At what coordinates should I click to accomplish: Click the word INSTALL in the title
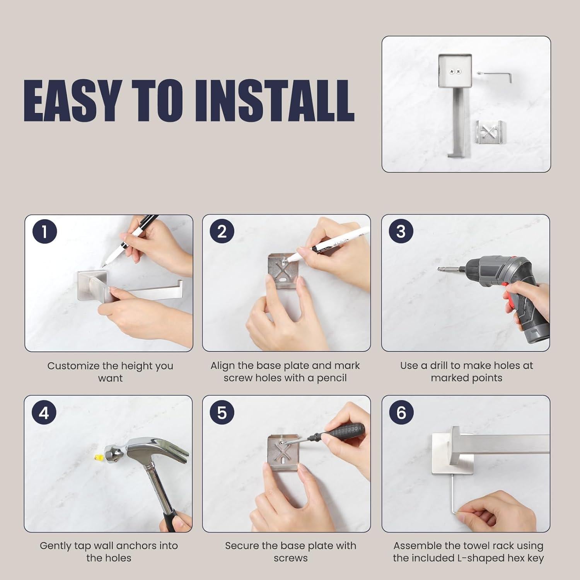(x=274, y=101)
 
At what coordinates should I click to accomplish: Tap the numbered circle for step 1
(x=45, y=232)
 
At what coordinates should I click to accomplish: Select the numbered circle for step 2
(x=222, y=232)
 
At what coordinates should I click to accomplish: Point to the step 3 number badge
(x=401, y=232)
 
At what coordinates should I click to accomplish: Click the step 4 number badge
(x=44, y=413)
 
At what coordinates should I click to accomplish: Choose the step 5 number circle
(x=222, y=413)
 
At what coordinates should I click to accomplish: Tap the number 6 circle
(x=401, y=413)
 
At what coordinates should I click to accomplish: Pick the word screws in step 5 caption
(x=290, y=558)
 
